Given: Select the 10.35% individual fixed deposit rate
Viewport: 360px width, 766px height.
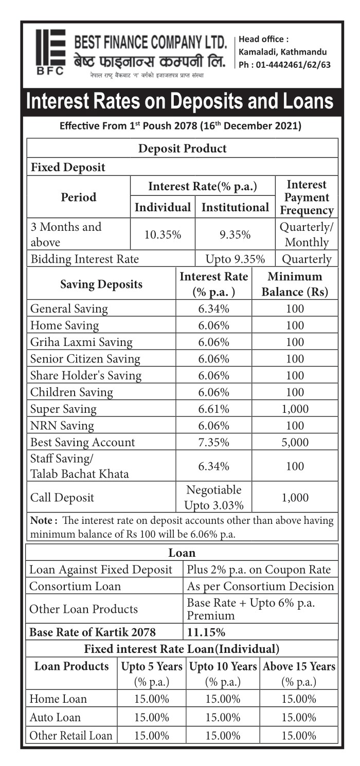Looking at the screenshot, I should point(163,234).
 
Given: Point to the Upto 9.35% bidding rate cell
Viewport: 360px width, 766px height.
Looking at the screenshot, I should point(235,259).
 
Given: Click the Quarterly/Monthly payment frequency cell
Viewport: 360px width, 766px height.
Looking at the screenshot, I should point(306,234).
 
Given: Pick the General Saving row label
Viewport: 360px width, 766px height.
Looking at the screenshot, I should point(69,309).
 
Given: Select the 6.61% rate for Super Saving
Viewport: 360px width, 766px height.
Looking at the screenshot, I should point(213,409).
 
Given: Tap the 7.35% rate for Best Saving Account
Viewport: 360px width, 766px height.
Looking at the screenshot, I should point(213,443).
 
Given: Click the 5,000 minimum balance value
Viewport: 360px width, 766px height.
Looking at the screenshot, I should point(295,443).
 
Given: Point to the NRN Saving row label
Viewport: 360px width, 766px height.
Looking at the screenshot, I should point(62,426).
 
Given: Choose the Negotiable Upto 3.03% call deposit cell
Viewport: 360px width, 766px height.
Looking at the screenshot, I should point(213,497).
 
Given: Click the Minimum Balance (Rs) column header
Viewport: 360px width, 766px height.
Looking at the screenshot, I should point(295,284).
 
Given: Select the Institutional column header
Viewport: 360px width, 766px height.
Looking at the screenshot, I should point(235,207).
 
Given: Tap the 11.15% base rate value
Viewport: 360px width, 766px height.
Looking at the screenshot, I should point(206,632).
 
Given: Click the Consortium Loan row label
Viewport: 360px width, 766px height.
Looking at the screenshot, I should point(75,586).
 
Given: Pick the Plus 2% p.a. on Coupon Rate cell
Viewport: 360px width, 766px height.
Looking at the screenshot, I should point(259,570).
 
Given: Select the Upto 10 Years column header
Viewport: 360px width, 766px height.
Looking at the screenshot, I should point(224,667).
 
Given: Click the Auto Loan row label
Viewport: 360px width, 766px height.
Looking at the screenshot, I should point(55,717).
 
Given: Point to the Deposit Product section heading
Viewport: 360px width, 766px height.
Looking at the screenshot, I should point(182,149).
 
